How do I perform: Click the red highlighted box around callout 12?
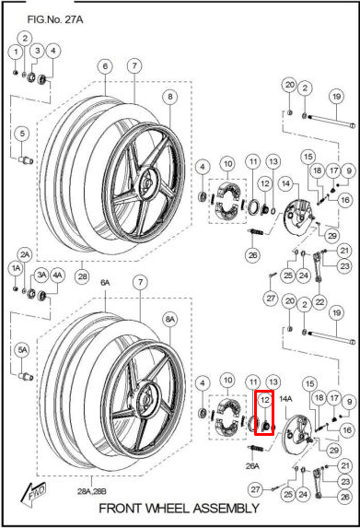[x=263, y=413]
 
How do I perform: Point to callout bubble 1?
[x=16, y=51]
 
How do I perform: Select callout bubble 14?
[x=286, y=185]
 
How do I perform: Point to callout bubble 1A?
[x=16, y=267]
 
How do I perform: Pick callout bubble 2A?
[x=25, y=253]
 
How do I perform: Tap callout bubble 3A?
[x=41, y=274]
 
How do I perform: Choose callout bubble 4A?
[x=57, y=274]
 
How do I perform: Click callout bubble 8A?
[x=169, y=318]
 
